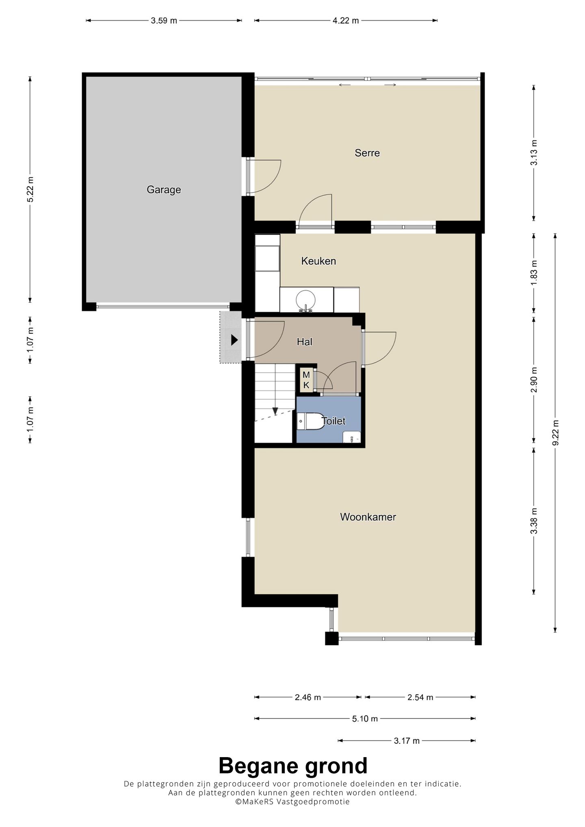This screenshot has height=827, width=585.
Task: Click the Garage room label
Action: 164,190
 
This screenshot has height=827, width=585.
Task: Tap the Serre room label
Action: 367,153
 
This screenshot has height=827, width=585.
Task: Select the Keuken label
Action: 318,261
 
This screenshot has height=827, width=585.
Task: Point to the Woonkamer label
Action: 368,517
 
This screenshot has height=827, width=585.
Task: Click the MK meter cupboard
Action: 306,380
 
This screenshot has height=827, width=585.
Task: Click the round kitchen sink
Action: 305,300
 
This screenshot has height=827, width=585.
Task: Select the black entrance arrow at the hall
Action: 234,340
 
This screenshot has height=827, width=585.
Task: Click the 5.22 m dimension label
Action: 30,190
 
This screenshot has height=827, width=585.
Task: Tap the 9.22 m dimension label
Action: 555,433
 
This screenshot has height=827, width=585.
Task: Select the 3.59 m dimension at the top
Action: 164,21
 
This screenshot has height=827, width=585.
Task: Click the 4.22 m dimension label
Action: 346,21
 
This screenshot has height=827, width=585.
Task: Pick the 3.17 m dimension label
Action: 407,741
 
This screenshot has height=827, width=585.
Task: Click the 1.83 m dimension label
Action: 534,272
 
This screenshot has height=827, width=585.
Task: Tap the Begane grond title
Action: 293,766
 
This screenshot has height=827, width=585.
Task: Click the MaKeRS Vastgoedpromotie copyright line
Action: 292,802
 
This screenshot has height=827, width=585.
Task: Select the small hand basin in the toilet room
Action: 351,438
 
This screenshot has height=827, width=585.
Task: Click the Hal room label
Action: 305,342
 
